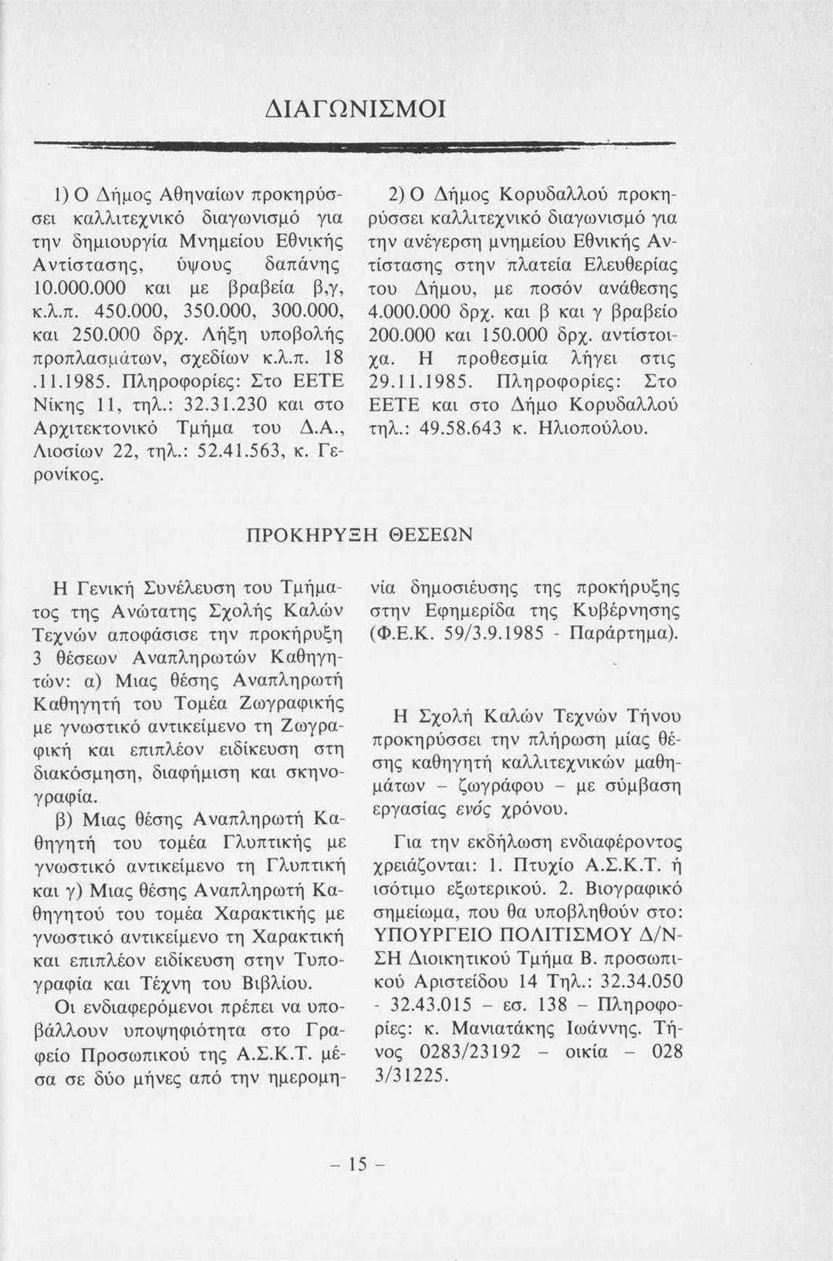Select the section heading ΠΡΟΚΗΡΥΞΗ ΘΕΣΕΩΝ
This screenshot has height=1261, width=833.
(x=359, y=535)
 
